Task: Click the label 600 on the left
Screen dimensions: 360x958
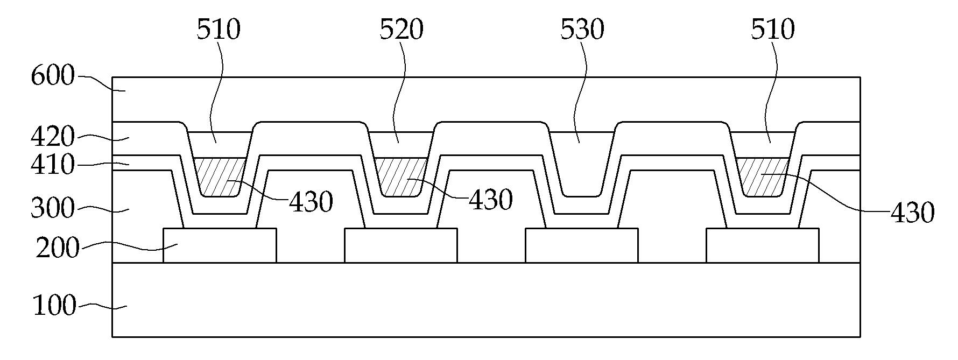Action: pyautogui.click(x=52, y=76)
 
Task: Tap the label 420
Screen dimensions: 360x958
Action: pyautogui.click(x=52, y=138)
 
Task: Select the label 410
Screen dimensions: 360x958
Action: pyautogui.click(x=52, y=165)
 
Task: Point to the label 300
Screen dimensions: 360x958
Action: pyautogui.click(x=52, y=208)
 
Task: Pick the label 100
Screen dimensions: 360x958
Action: pyautogui.click(x=54, y=306)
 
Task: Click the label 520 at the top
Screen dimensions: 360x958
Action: pyautogui.click(x=401, y=30)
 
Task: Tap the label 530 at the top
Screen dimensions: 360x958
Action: pyautogui.click(x=582, y=30)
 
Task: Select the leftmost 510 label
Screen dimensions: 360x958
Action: pyautogui.click(x=218, y=30)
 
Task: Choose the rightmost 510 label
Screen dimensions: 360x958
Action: pyautogui.click(x=773, y=30)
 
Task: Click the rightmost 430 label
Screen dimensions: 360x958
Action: pyautogui.click(x=912, y=214)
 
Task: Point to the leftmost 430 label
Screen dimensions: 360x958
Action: pyautogui.click(x=311, y=202)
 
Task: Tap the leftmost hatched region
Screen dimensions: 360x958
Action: pyautogui.click(x=219, y=176)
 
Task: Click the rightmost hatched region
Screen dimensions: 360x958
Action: pyautogui.click(x=763, y=176)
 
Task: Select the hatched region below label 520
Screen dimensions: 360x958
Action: pyautogui.click(x=400, y=176)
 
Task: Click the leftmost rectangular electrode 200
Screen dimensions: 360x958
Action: pyautogui.click(x=220, y=245)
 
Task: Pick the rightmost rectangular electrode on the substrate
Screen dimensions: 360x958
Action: pyautogui.click(x=763, y=245)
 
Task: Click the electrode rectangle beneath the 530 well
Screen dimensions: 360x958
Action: pyautogui.click(x=582, y=245)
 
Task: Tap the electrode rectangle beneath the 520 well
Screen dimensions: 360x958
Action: pyautogui.click(x=401, y=245)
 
